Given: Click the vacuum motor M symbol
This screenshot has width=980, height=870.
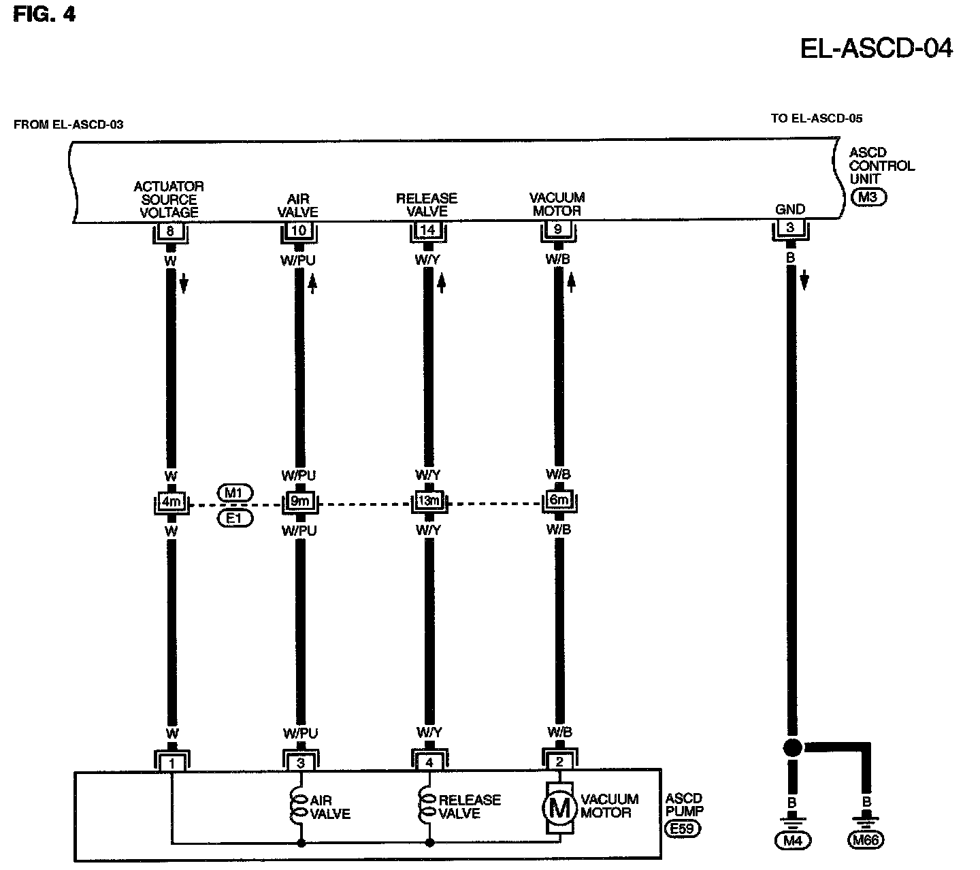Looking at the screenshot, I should [x=559, y=807].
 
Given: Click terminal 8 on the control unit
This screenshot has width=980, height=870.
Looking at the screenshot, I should [x=170, y=231].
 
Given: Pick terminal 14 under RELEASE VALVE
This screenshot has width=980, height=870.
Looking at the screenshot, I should [x=428, y=230].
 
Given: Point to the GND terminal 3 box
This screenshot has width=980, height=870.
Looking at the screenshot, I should [x=790, y=228].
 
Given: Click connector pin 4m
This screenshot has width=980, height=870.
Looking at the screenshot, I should [x=170, y=502].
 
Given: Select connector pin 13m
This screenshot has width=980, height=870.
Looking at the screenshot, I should [x=428, y=502].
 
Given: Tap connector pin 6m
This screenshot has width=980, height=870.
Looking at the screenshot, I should [x=558, y=501].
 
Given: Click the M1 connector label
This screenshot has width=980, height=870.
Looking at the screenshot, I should [x=235, y=492].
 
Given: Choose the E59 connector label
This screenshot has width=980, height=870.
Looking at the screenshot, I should [x=683, y=829].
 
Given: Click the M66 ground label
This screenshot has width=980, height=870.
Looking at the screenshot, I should [x=866, y=840].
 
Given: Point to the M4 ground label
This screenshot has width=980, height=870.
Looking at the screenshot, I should [x=791, y=840].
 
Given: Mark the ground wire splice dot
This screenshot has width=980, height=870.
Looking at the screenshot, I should [x=791, y=747].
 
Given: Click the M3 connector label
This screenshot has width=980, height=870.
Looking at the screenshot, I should [x=868, y=197].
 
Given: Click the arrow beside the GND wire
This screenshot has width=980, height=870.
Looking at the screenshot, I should [x=804, y=279].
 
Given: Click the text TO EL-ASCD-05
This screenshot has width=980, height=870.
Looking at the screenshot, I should [x=816, y=118].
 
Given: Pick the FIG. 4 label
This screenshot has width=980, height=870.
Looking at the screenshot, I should [x=45, y=14].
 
